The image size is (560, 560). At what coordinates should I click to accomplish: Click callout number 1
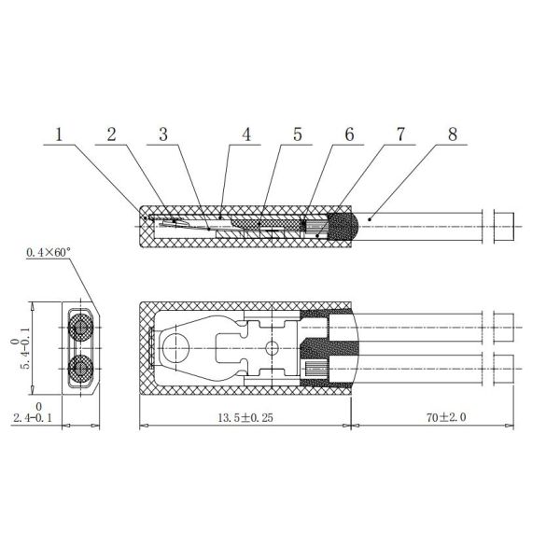coord(59,134)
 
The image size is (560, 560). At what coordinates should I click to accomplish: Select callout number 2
coord(111,134)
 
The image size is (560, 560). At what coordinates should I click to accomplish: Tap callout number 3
coord(163,134)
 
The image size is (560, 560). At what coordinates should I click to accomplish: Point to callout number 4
coord(246,134)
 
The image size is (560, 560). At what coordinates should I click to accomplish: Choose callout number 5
coord(298,134)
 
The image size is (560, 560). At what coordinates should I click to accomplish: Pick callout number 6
coord(349,134)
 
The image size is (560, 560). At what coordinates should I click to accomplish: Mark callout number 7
coord(400,134)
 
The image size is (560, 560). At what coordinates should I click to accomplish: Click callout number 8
coord(453,134)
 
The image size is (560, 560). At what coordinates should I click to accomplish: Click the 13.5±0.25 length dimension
coord(245,417)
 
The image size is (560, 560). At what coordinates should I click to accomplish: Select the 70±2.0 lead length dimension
coord(446,417)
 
